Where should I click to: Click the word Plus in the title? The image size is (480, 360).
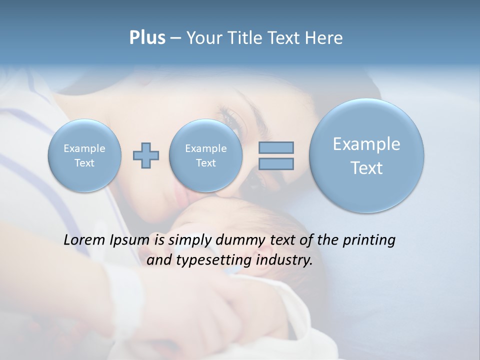[147, 38]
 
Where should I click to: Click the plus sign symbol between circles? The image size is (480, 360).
[146, 155]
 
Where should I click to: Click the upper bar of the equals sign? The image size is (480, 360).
[276, 147]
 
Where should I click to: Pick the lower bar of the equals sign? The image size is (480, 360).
[276, 163]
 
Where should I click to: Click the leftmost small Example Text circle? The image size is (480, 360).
[84, 155]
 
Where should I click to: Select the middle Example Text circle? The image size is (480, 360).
[205, 155]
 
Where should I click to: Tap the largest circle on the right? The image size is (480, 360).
[366, 155]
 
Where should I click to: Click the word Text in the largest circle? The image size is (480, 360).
[366, 168]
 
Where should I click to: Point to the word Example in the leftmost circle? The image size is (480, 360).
[84, 148]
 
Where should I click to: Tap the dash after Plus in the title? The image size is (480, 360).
[175, 38]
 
